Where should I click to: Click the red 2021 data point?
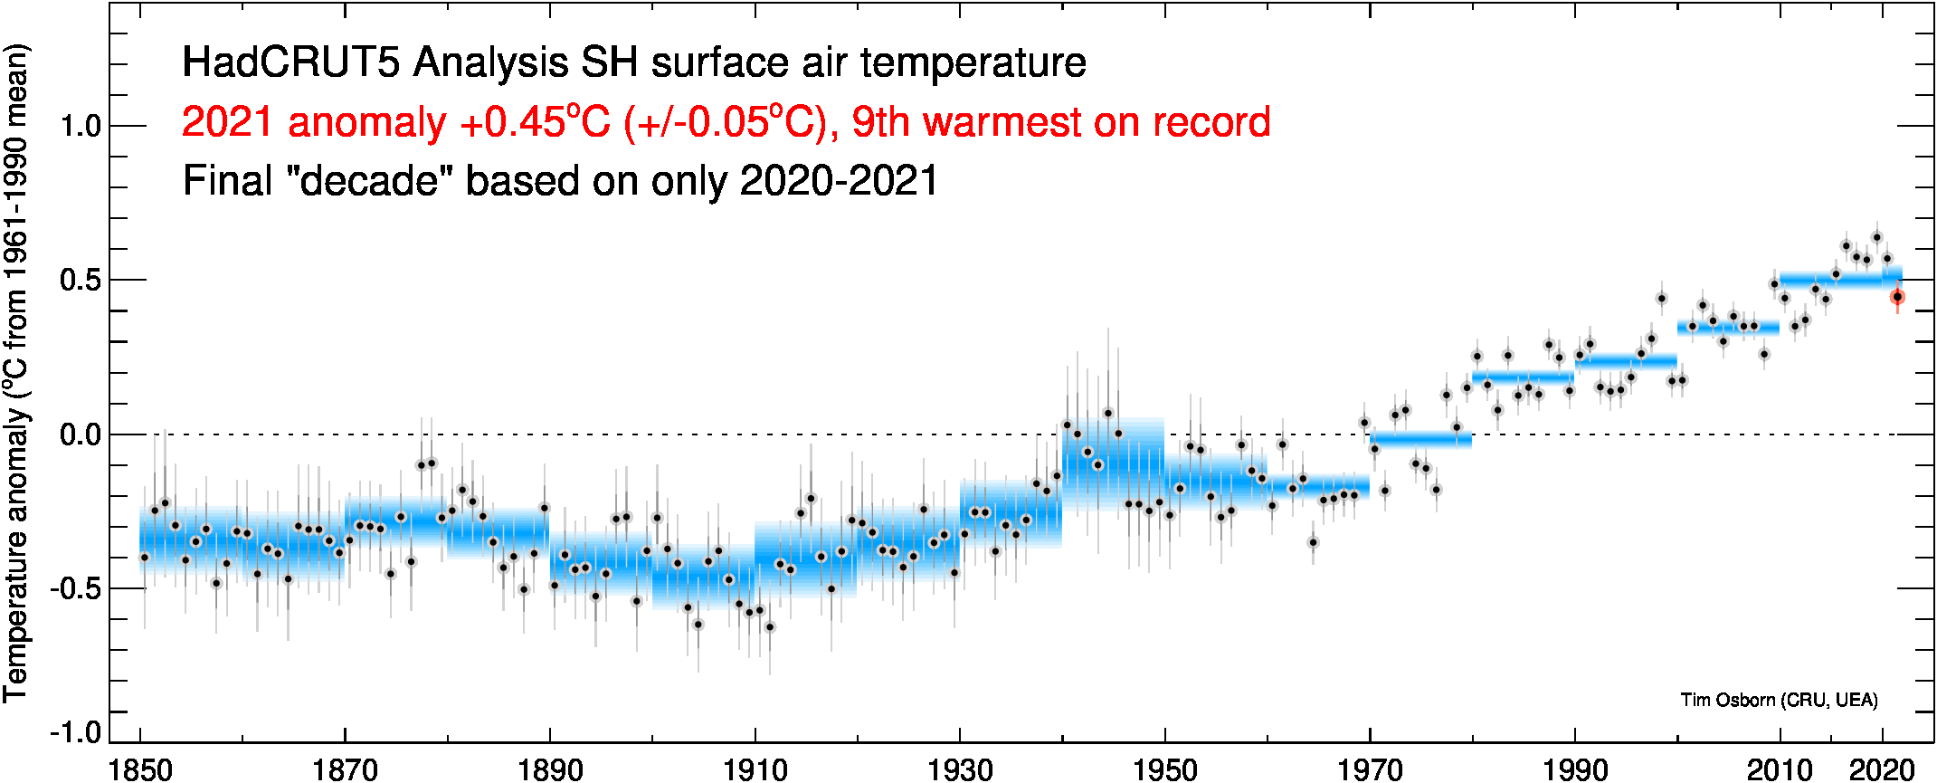[1897, 297]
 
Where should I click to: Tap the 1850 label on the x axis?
[140, 769]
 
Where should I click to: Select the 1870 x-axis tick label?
[345, 769]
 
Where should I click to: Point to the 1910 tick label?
[755, 769]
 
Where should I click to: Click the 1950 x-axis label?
[1164, 769]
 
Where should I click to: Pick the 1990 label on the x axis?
[1574, 769]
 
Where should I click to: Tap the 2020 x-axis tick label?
[1882, 769]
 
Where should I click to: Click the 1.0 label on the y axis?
[81, 126]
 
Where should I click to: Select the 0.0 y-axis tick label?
[81, 434]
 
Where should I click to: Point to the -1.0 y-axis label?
[76, 731]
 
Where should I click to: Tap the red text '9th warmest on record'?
[1060, 122]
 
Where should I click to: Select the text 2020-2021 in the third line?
[839, 181]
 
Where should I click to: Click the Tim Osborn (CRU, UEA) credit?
[1779, 700]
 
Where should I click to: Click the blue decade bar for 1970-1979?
[1420, 440]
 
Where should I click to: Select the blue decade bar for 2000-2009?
[1728, 327]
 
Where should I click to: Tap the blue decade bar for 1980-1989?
[1523, 377]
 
